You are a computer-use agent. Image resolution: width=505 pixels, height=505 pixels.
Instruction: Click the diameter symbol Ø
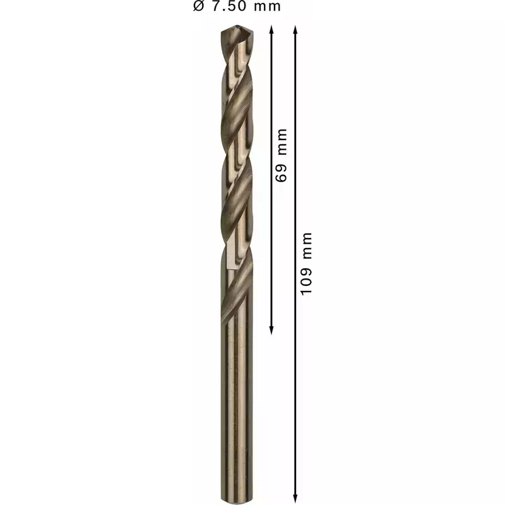point(199,6)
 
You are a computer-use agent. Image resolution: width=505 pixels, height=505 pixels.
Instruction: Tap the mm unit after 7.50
point(267,7)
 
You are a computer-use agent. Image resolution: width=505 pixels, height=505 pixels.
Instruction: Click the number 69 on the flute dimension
point(281,173)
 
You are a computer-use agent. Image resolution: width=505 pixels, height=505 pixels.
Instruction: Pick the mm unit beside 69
point(282,141)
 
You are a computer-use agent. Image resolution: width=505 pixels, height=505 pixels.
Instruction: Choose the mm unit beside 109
point(307,246)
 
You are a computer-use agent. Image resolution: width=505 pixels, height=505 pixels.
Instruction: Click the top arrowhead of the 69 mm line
point(271,30)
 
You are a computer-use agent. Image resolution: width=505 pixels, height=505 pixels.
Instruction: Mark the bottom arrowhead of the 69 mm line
point(271,330)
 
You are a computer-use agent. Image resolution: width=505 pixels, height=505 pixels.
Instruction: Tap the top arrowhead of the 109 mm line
point(295,30)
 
